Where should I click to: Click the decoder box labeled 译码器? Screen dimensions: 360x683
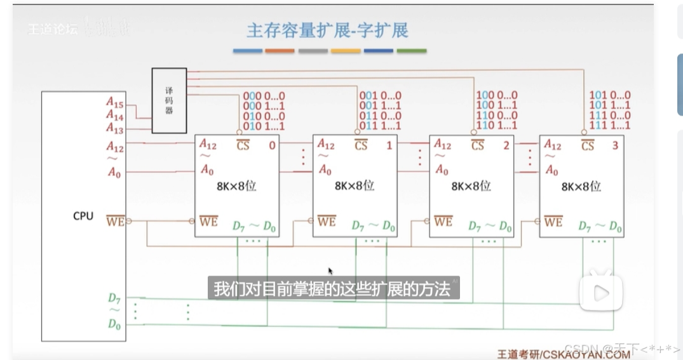[x=169, y=100]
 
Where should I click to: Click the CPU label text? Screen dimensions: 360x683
[x=83, y=216]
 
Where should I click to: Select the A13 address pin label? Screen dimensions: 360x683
[x=115, y=129]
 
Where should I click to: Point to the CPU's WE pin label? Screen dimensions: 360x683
[x=116, y=221]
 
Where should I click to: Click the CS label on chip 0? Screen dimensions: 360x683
[x=243, y=145]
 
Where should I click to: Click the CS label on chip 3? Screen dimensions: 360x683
[x=588, y=145]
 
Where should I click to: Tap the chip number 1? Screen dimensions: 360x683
[x=389, y=145]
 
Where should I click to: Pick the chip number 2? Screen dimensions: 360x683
[x=506, y=145]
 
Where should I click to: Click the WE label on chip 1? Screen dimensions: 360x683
[x=327, y=222]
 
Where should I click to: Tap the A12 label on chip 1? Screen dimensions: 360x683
[x=326, y=145]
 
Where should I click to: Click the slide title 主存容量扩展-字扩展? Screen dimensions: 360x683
[x=328, y=30]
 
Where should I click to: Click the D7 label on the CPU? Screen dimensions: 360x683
[x=114, y=297]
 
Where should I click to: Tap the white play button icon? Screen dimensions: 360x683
[x=600, y=293]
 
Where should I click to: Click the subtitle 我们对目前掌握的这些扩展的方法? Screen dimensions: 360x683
[x=332, y=289]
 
